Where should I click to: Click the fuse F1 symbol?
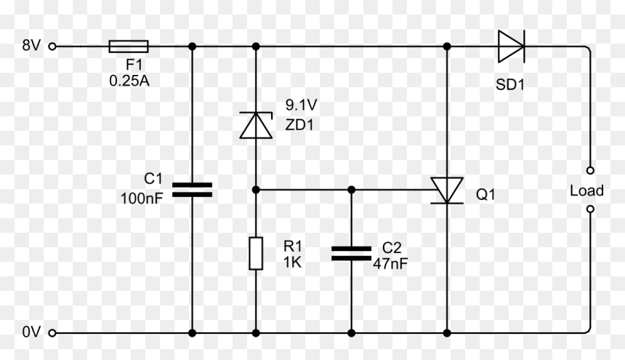click(129, 47)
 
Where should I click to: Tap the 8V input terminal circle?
click(52, 47)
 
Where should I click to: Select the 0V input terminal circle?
click(52, 332)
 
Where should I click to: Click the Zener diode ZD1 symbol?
click(256, 125)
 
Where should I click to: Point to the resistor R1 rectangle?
click(256, 253)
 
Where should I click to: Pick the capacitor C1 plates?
click(192, 190)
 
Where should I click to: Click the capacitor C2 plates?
click(351, 254)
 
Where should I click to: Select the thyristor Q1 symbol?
click(447, 191)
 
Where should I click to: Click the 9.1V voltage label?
click(301, 105)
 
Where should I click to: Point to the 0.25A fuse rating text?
click(129, 81)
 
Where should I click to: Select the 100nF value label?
click(142, 198)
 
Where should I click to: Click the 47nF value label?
click(390, 263)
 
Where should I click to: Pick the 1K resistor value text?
click(292, 262)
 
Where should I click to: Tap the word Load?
click(586, 191)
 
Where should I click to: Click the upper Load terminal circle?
click(590, 170)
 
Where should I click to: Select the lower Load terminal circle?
click(590, 209)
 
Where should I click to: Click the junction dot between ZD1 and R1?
click(256, 190)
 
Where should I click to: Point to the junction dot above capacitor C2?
click(351, 190)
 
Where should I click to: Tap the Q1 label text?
click(485, 195)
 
